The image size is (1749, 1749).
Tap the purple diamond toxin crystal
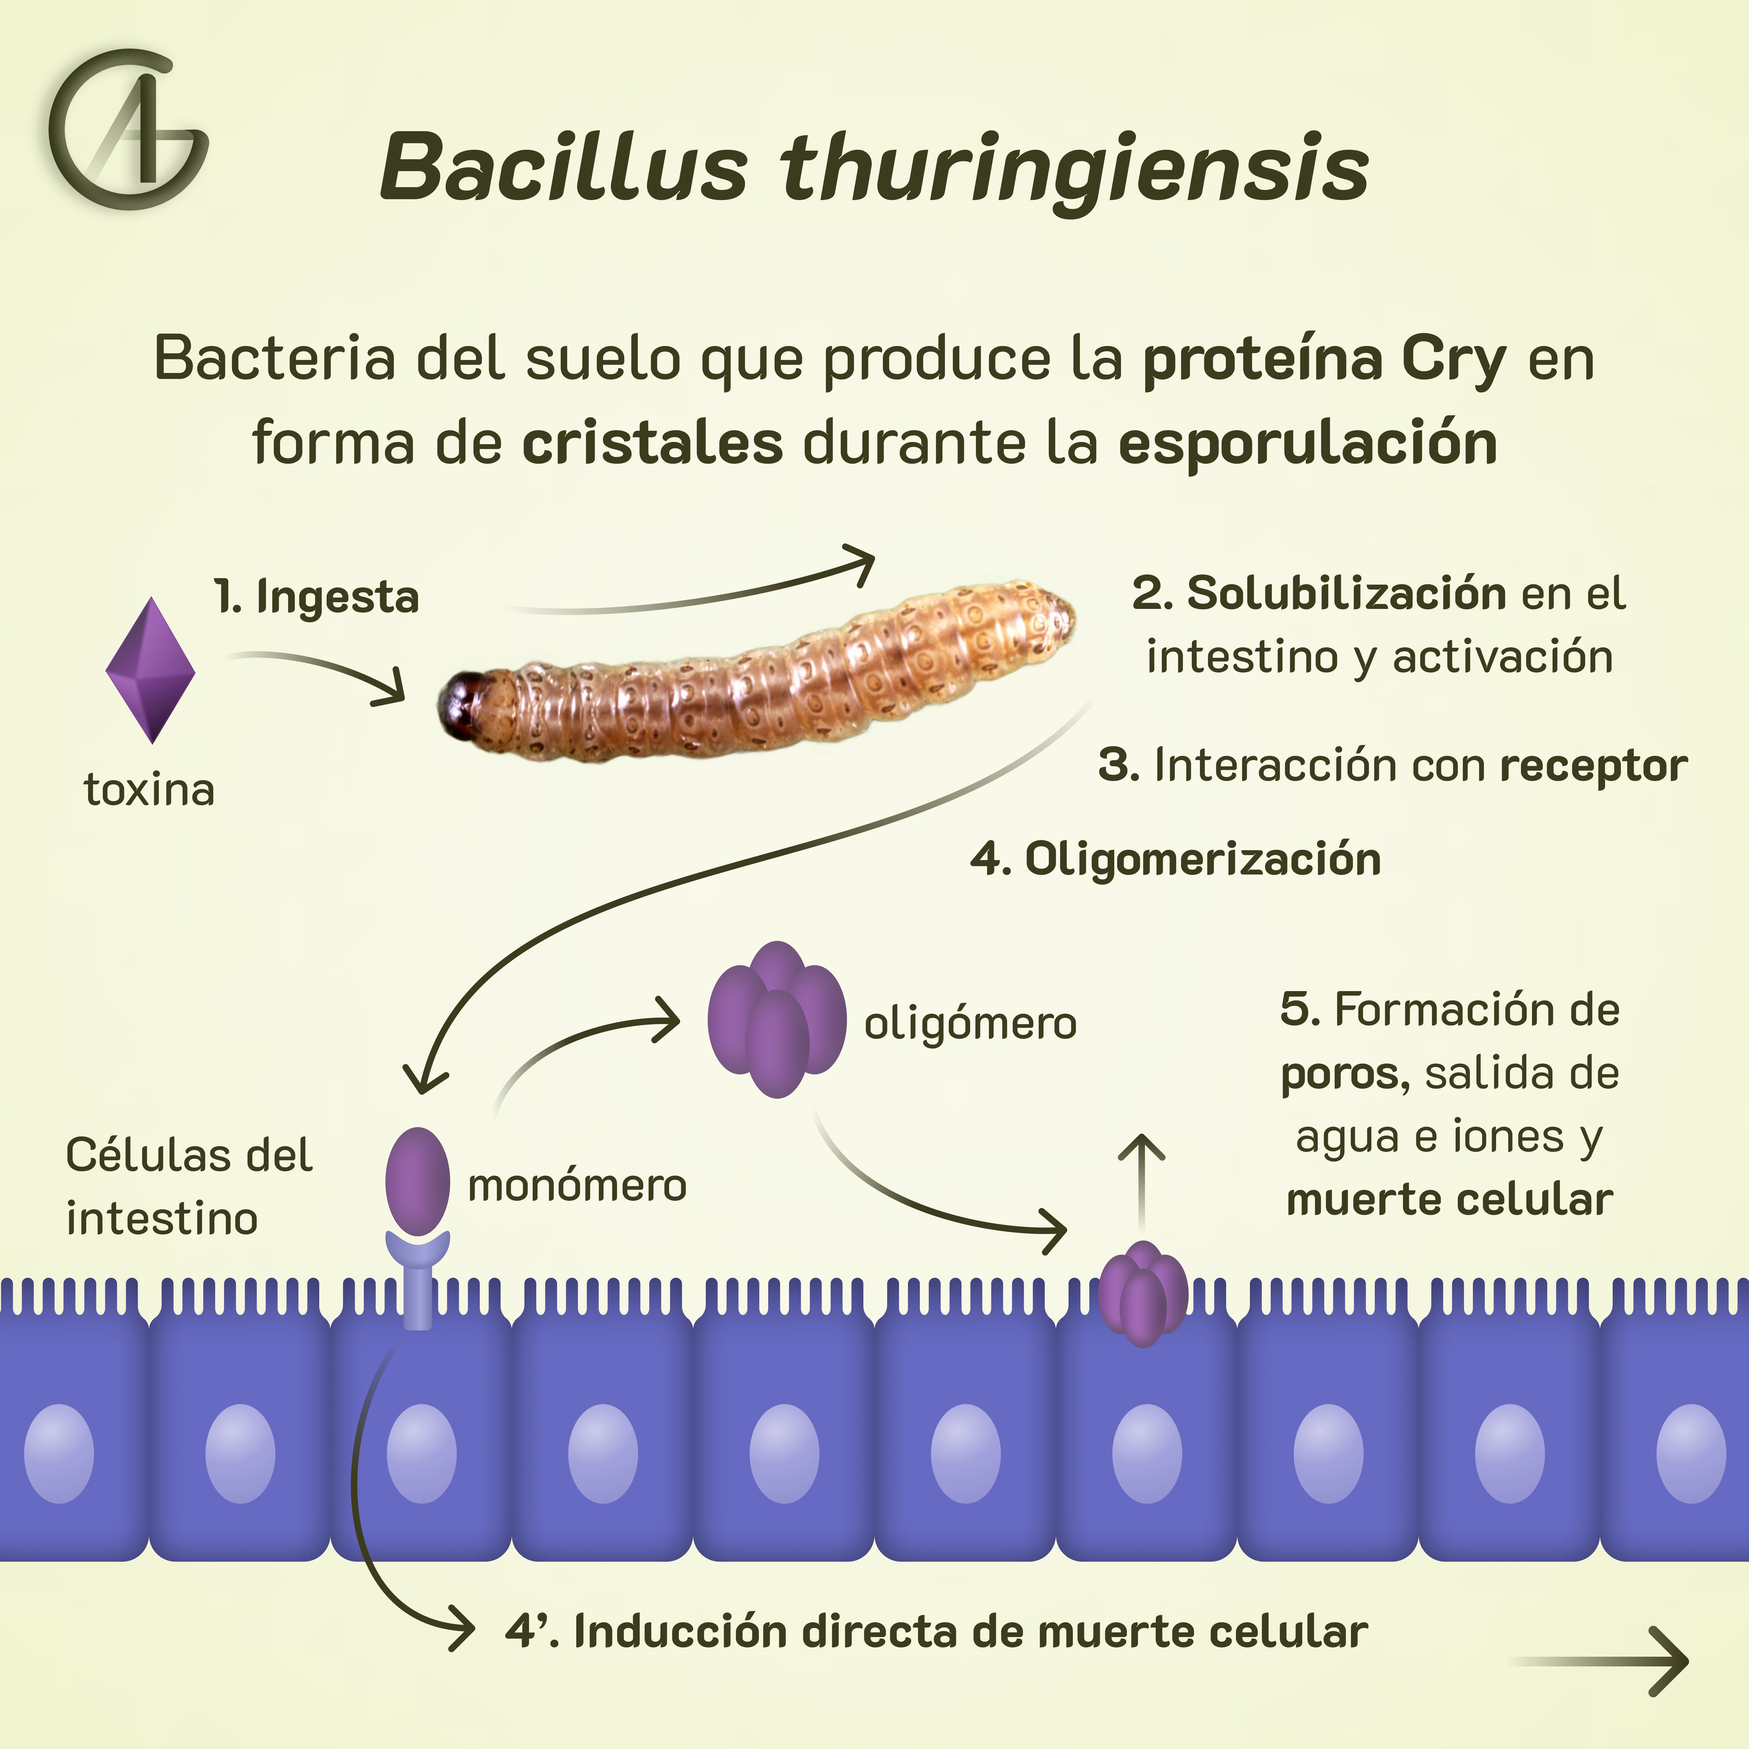click(x=150, y=670)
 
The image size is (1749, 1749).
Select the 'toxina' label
click(x=149, y=789)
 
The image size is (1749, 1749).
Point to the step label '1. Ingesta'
click(x=317, y=598)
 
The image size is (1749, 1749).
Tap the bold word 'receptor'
click(x=1593, y=766)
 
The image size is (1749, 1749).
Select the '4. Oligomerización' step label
click(x=1175, y=858)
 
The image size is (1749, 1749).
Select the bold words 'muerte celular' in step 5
click(x=1449, y=1200)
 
